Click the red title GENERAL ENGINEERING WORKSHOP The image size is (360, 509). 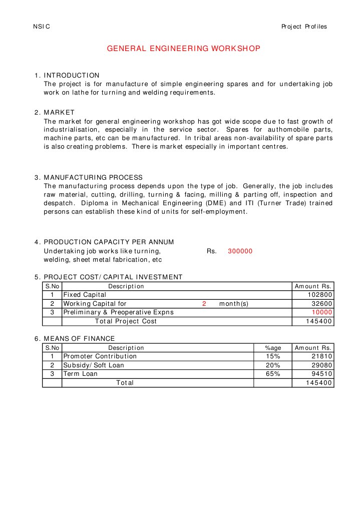click(x=184, y=49)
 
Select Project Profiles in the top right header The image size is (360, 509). click(x=304, y=27)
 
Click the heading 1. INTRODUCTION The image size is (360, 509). click(x=67, y=75)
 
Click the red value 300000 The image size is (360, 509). click(x=240, y=251)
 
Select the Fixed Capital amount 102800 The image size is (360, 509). click(x=319, y=295)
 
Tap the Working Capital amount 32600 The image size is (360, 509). click(x=321, y=304)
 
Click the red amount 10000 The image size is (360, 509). click(x=321, y=312)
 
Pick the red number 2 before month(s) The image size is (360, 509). click(x=204, y=304)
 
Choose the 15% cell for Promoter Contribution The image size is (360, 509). click(x=272, y=356)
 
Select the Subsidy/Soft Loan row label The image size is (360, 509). click(x=94, y=365)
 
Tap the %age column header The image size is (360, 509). click(x=272, y=348)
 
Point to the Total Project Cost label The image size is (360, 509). click(x=126, y=321)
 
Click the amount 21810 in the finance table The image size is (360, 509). click(x=321, y=356)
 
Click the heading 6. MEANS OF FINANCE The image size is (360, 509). click(x=75, y=339)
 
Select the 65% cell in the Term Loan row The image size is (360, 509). click(x=272, y=374)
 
